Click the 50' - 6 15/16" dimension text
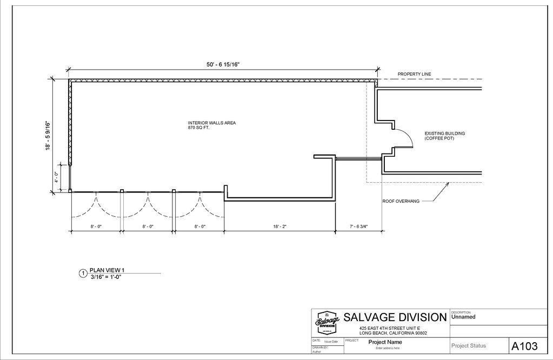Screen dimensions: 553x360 coord(223,65)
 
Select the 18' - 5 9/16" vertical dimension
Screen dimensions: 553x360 coord(48,135)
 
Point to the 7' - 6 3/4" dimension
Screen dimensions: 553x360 coord(358,227)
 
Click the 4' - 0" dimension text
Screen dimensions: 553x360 coord(56,177)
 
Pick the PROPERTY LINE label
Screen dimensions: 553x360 coord(414,74)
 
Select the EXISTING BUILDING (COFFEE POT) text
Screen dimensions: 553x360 coord(444,136)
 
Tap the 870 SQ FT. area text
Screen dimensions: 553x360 coord(198,128)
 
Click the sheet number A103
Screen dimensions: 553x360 coord(524,346)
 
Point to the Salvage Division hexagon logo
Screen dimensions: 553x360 coord(327,323)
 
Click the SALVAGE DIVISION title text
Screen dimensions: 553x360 coord(395,317)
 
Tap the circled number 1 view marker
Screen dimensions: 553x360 coord(83,274)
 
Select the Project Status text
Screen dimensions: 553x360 coord(468,346)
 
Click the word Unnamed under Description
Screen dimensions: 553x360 coord(463,318)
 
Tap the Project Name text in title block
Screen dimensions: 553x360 coord(385,342)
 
